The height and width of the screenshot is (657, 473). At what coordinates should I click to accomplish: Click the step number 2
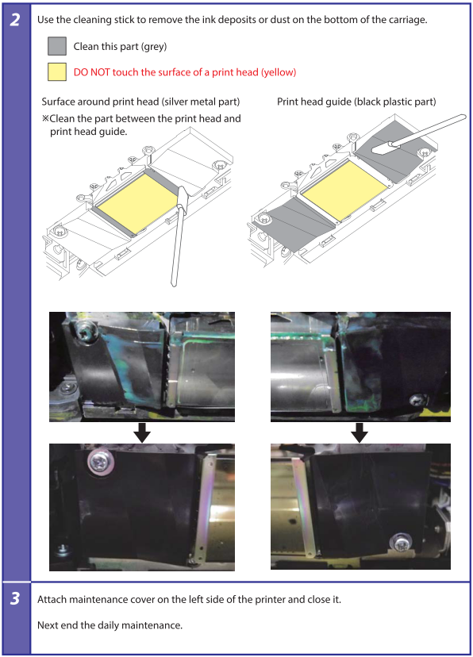click(x=15, y=20)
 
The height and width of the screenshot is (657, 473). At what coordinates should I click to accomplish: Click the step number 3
click(x=15, y=598)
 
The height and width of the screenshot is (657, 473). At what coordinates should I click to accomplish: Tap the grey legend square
click(x=57, y=46)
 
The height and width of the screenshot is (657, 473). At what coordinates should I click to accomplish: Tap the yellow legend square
click(x=57, y=71)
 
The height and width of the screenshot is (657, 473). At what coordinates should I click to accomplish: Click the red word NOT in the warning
click(x=100, y=72)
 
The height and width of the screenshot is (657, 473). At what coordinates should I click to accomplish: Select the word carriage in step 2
click(x=410, y=20)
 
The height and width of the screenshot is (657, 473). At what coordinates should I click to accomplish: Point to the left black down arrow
click(x=142, y=432)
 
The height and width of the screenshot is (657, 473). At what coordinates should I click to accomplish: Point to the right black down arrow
click(x=360, y=432)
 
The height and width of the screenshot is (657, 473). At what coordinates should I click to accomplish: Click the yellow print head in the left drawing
click(x=137, y=202)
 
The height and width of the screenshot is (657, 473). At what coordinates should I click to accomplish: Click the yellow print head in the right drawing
click(x=344, y=190)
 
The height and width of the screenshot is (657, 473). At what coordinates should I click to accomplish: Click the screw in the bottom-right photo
click(x=402, y=544)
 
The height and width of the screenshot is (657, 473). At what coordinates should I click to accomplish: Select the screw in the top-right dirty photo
click(x=417, y=400)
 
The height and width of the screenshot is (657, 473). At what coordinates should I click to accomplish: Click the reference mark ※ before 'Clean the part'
click(x=46, y=118)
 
